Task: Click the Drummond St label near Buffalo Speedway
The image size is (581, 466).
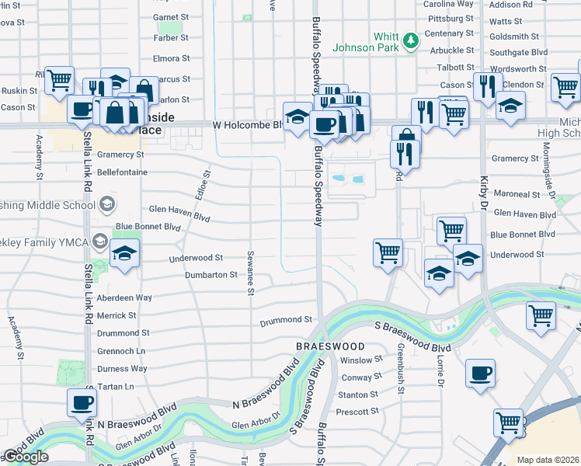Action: coord(286,319)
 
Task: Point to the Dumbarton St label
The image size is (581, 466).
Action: coord(210,275)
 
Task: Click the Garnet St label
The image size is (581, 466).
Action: coord(171,16)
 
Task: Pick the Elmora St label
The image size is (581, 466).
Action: coord(172,58)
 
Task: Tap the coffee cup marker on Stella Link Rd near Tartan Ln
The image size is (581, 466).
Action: coord(82,402)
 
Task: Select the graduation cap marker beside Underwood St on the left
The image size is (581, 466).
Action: coord(124,253)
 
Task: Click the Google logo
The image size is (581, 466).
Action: coord(26,457)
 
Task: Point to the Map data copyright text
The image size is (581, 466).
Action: coord(548,460)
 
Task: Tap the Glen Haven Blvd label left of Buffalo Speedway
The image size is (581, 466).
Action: coord(179,209)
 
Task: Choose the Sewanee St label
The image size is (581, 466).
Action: coord(251,273)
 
